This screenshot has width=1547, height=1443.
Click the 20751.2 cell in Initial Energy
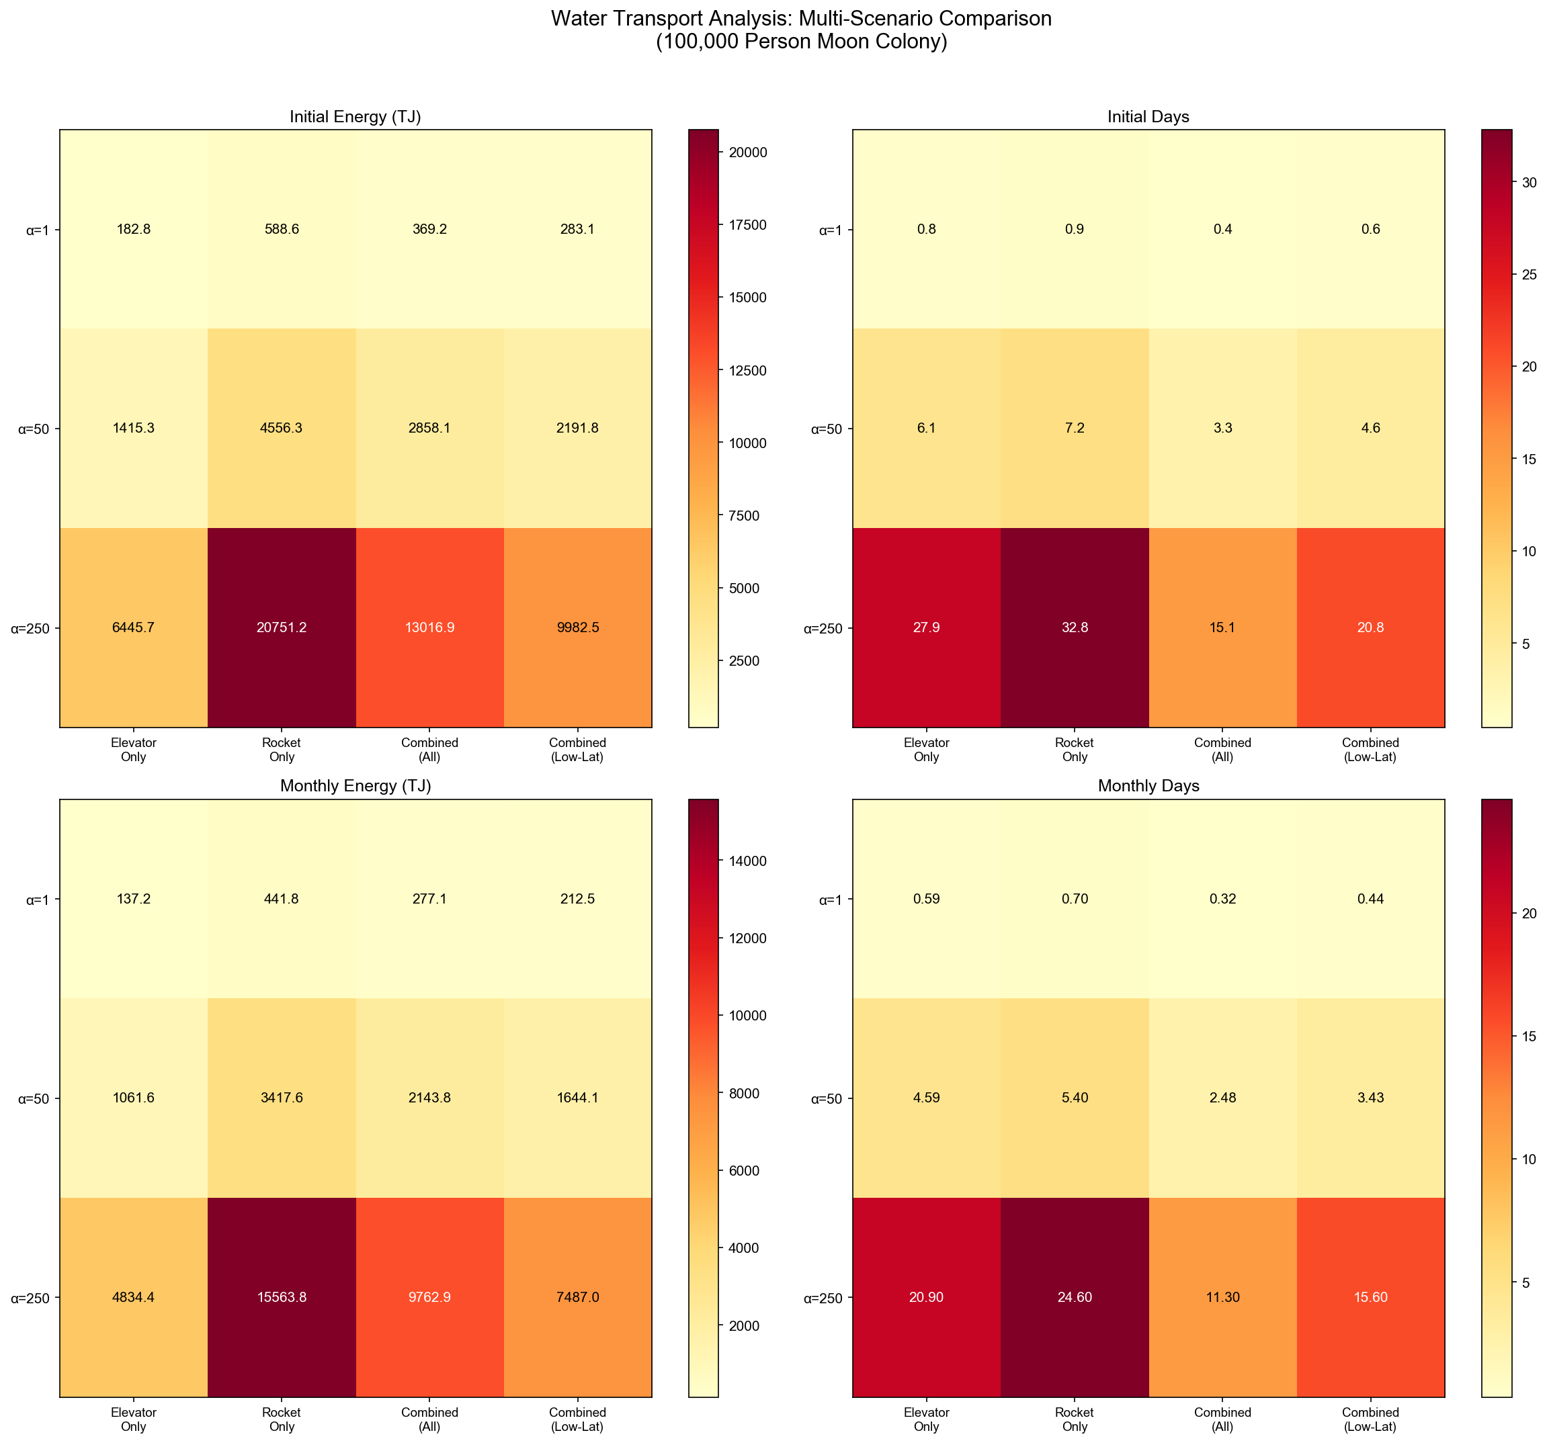[282, 627]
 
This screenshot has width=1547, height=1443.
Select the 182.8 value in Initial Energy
[134, 230]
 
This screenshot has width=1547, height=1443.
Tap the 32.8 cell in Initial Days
[1075, 627]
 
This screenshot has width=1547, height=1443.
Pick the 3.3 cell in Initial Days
[1222, 429]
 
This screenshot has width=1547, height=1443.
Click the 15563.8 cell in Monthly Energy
[282, 1297]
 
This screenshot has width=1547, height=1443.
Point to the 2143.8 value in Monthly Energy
[429, 1098]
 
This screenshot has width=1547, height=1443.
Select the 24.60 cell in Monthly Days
[1075, 1297]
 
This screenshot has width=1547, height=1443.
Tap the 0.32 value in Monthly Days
[1222, 900]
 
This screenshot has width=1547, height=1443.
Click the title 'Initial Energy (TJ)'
[356, 117]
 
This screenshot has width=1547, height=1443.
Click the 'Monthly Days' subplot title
[1148, 786]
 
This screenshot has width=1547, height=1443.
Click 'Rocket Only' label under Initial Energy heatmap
[282, 750]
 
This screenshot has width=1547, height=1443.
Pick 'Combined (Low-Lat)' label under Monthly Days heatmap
[1370, 1419]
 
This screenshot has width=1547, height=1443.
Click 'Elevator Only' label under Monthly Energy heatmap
[134, 1419]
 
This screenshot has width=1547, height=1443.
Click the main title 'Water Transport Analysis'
[801, 19]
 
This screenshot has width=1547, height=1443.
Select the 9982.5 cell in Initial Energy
[577, 627]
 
